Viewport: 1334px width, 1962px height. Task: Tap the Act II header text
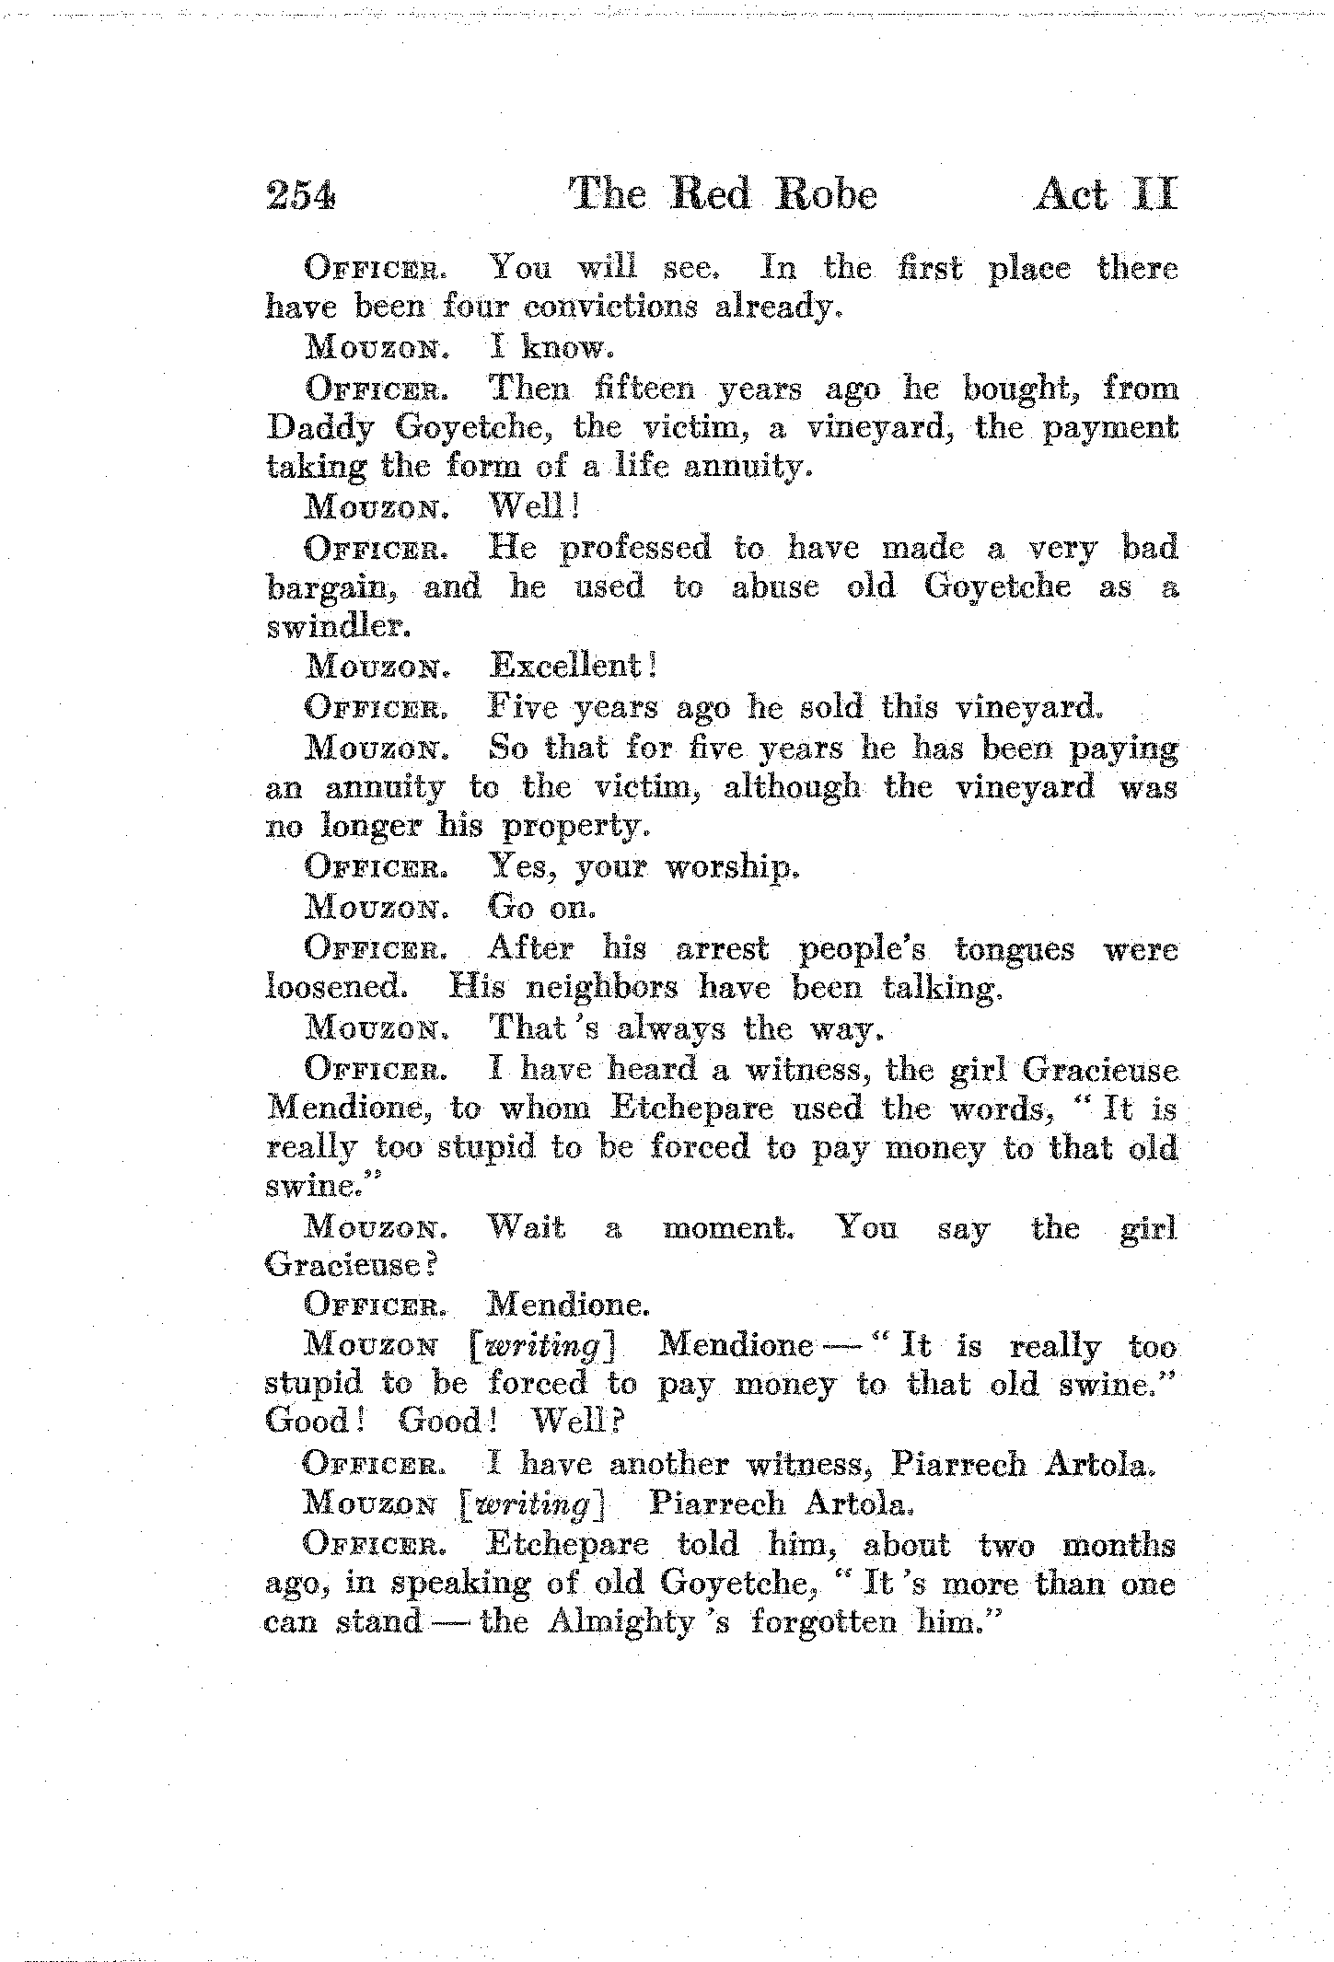point(1104,195)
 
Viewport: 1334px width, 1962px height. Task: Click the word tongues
point(1015,948)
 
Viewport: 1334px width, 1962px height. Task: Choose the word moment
point(728,1228)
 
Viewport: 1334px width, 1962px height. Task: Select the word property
point(575,828)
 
